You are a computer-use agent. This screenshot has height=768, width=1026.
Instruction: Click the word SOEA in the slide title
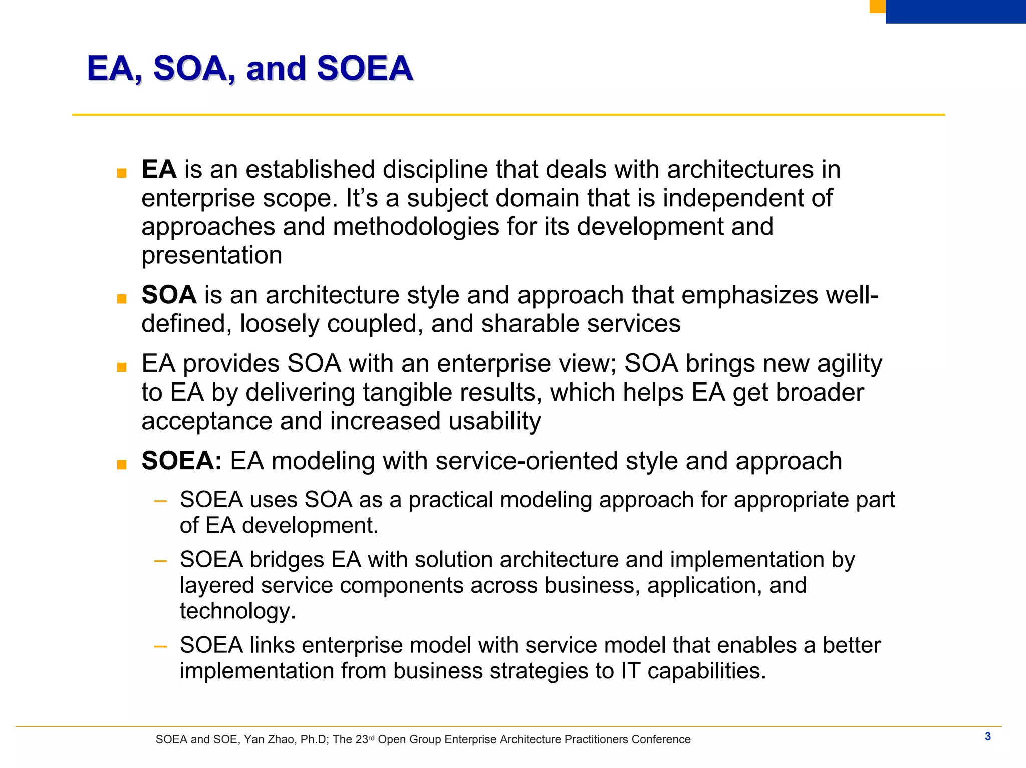(x=364, y=68)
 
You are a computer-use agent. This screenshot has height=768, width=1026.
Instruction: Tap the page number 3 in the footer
(x=987, y=736)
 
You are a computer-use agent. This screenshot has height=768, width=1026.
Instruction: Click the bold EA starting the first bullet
(x=159, y=169)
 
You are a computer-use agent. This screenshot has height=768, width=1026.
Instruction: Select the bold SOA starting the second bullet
(x=169, y=295)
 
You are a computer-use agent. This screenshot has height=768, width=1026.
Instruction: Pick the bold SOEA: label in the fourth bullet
(x=182, y=461)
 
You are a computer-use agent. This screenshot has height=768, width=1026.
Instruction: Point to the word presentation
(x=211, y=255)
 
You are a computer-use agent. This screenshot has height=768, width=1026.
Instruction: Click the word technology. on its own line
(x=237, y=611)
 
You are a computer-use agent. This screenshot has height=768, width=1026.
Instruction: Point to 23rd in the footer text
(x=365, y=739)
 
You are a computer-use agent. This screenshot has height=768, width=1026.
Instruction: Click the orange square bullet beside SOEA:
(x=121, y=465)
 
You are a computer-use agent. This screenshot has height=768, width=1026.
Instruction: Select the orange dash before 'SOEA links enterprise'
(x=160, y=646)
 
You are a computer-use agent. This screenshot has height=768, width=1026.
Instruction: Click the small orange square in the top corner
(x=877, y=6)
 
